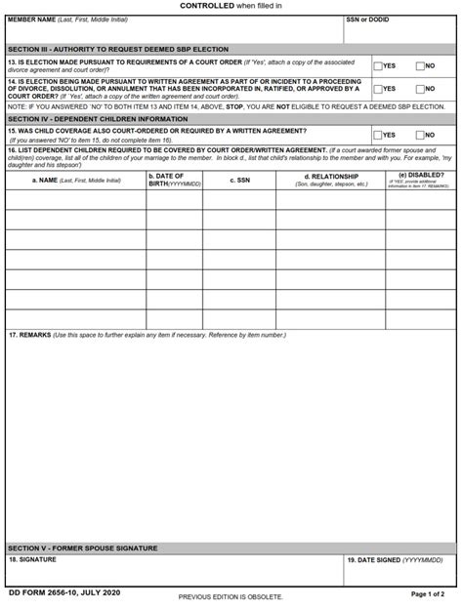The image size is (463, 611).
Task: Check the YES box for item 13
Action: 378,66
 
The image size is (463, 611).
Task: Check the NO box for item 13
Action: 420,66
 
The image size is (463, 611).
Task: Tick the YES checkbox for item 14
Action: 378,88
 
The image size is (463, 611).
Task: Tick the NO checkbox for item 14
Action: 420,88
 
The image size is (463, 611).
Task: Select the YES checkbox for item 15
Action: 378,135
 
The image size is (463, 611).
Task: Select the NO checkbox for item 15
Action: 420,135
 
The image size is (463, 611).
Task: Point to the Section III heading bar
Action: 117,49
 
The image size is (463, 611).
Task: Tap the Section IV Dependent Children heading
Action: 98,118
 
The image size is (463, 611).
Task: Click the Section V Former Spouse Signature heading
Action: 82,549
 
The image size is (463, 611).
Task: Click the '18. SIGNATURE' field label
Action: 33,561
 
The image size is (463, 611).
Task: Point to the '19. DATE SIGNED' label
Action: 386,561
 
